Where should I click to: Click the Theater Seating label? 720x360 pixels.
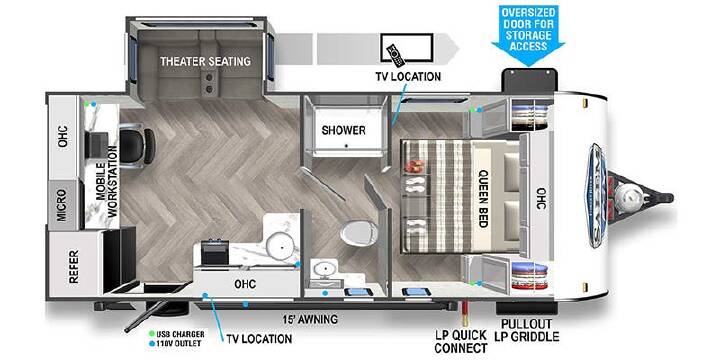click(x=205, y=61)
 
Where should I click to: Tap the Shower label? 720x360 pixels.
click(x=343, y=130)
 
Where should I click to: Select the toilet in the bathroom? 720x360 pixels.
click(x=359, y=232)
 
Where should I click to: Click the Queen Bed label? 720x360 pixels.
click(x=483, y=198)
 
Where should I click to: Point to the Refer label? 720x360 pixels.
click(x=73, y=266)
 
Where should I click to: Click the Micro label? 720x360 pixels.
click(x=62, y=206)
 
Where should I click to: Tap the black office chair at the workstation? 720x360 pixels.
click(x=137, y=146)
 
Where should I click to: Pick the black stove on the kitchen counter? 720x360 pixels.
click(x=215, y=252)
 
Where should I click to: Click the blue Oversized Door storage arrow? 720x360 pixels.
click(x=528, y=35)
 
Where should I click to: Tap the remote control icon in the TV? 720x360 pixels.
click(x=395, y=56)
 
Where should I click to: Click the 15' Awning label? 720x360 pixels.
click(x=310, y=319)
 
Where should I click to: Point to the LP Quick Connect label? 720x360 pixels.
click(x=461, y=342)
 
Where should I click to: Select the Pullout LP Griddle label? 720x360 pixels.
click(x=527, y=331)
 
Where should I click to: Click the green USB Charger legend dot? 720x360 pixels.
click(x=152, y=334)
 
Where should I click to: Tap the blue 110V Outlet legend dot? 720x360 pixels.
click(x=152, y=343)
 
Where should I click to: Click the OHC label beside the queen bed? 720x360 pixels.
click(x=541, y=198)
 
